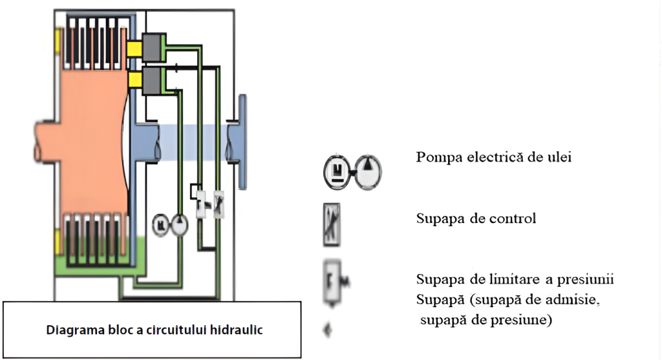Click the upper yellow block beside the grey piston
(x=134, y=48)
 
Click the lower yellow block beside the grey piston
(x=134, y=79)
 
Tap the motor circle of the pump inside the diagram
(x=159, y=225)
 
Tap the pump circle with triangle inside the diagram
(x=178, y=225)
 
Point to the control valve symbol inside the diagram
(x=219, y=204)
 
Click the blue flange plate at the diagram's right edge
(x=242, y=142)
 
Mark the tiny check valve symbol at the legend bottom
(x=328, y=330)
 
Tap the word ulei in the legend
(x=559, y=158)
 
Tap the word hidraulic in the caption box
(x=237, y=330)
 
